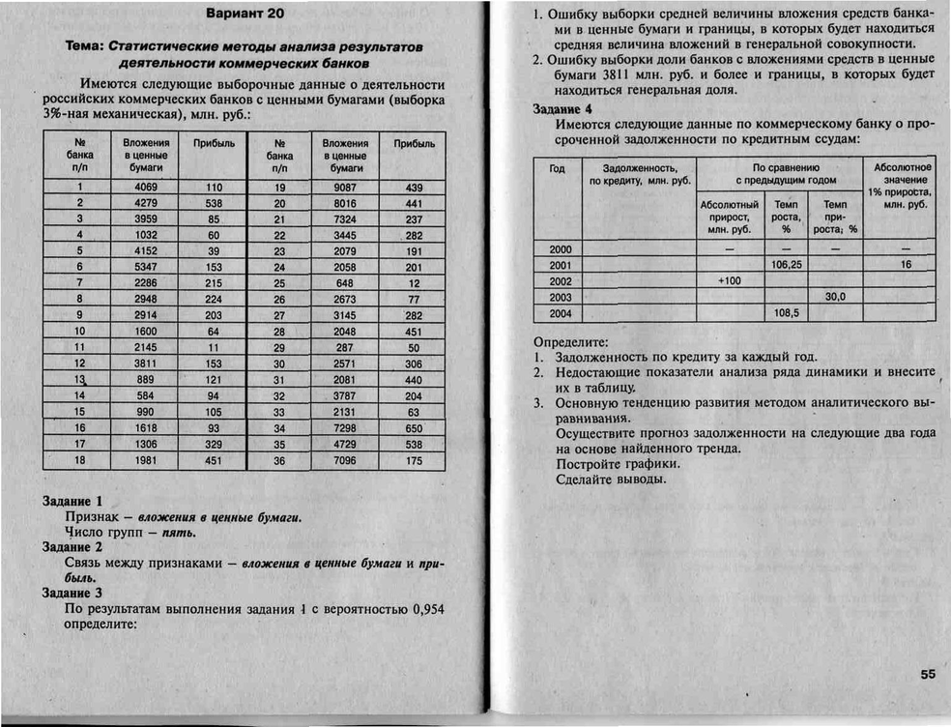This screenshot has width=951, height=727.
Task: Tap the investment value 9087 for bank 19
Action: (x=345, y=188)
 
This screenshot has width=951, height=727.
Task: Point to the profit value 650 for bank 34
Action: (x=414, y=427)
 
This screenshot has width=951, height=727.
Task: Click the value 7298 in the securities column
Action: (x=345, y=427)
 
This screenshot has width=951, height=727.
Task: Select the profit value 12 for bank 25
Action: (x=414, y=283)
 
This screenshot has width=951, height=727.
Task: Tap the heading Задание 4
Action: (x=563, y=109)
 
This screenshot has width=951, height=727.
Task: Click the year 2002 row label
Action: (x=560, y=280)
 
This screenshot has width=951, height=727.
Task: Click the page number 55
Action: (x=928, y=676)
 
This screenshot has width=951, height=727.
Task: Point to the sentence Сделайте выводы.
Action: (x=612, y=479)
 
